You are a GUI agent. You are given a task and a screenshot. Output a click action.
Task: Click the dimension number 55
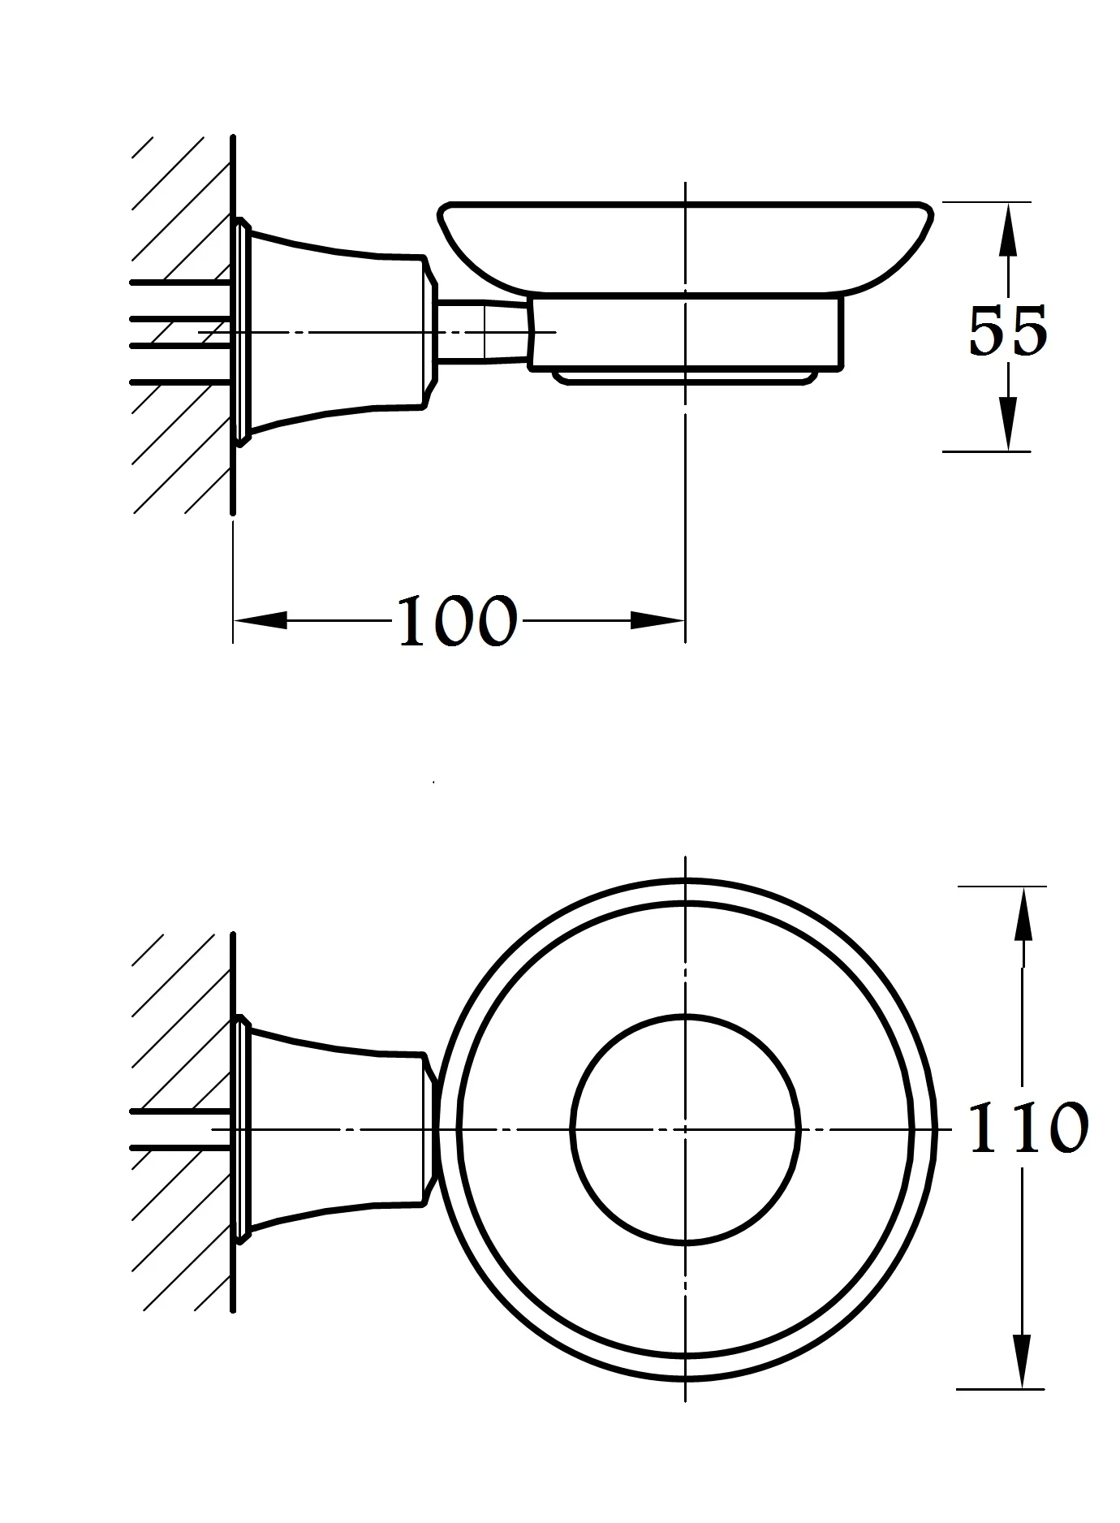pos(1007,331)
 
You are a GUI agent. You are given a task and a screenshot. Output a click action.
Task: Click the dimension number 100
pos(457,622)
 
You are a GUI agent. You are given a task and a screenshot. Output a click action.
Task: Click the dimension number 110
pos(1028,1128)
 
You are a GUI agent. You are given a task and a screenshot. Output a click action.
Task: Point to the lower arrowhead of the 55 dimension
pos(1007,424)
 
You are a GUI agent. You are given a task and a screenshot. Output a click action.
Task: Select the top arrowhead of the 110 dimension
pos(1023,913)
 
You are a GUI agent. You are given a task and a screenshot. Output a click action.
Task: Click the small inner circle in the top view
pos(686,1016)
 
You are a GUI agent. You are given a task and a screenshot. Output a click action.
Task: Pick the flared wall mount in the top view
pos(333,1128)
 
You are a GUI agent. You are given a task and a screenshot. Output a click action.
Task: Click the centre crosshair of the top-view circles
pos(686,1128)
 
